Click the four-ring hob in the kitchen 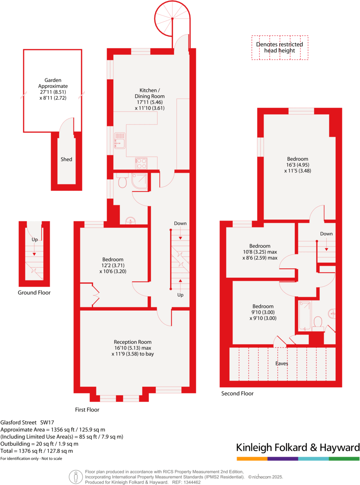click(141, 163)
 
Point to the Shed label click(66, 159)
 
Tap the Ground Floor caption click(34, 292)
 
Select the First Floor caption click(87, 410)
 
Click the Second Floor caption click(237, 393)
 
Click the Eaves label click(281, 363)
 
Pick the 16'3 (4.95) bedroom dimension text click(297, 165)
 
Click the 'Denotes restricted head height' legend click(280, 47)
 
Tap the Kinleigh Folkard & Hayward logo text click(298, 447)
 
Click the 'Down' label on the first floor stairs click(180, 223)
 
